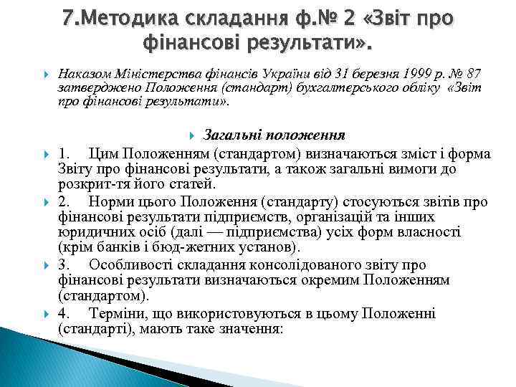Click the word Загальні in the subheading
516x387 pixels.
pos(231,135)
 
